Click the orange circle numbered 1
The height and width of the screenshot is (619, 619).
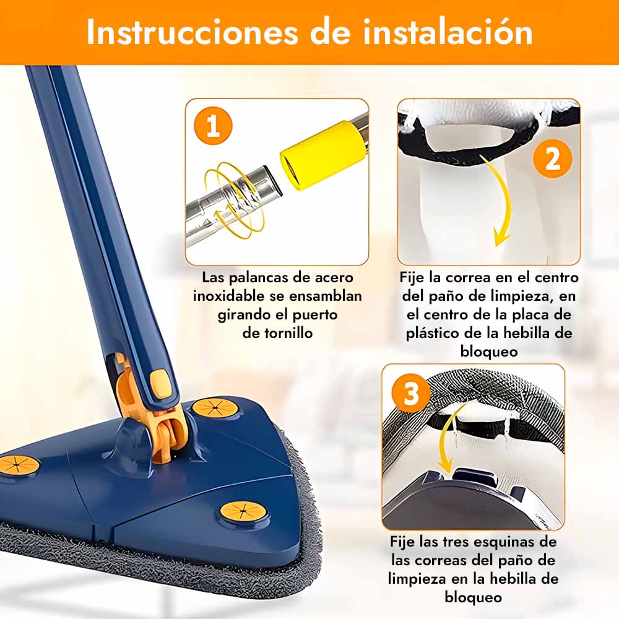[x=213, y=126]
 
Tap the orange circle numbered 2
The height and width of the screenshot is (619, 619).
[x=552, y=158]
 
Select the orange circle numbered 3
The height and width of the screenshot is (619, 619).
[x=411, y=393]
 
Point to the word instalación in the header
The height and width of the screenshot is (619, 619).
[x=448, y=32]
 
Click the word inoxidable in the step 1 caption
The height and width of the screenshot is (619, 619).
[x=228, y=296]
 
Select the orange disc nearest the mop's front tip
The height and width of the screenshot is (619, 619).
[x=243, y=511]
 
